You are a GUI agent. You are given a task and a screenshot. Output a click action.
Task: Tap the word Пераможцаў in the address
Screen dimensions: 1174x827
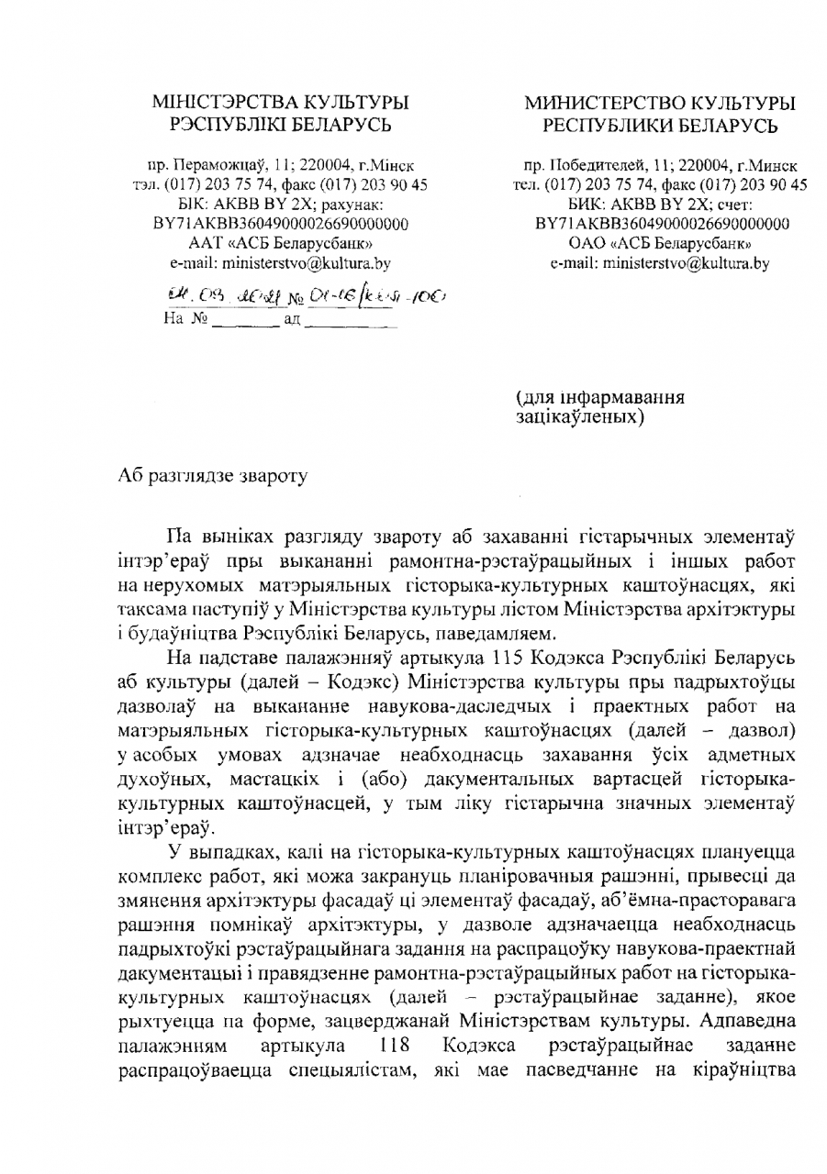[206, 168]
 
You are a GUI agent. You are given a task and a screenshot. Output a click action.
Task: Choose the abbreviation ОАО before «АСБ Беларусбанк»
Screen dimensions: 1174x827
[587, 243]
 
